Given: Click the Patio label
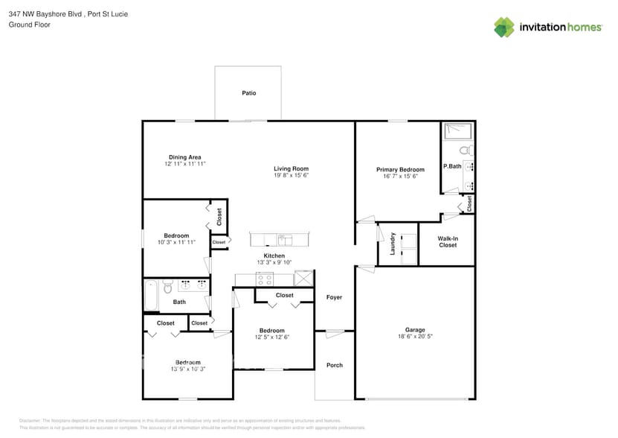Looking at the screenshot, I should click(x=248, y=93).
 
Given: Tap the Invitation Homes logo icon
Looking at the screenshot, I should click(x=504, y=27).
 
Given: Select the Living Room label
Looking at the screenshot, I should click(x=291, y=168).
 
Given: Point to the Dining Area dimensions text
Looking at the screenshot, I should click(x=184, y=164).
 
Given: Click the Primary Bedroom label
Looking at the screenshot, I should click(x=400, y=169).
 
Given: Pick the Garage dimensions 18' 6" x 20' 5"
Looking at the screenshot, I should click(x=415, y=337).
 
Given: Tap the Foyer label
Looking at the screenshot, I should click(x=334, y=297).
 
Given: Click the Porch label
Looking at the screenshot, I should click(x=334, y=365).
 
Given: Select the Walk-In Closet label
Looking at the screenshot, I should click(x=448, y=241).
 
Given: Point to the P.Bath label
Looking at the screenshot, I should click(x=452, y=165).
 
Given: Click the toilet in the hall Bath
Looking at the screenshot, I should click(x=169, y=287).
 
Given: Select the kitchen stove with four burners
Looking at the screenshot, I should click(x=264, y=279).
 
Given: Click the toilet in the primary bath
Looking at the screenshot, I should click(x=466, y=150).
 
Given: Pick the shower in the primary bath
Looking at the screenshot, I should click(x=457, y=132).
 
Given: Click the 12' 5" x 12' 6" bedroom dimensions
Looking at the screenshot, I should click(x=271, y=337).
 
